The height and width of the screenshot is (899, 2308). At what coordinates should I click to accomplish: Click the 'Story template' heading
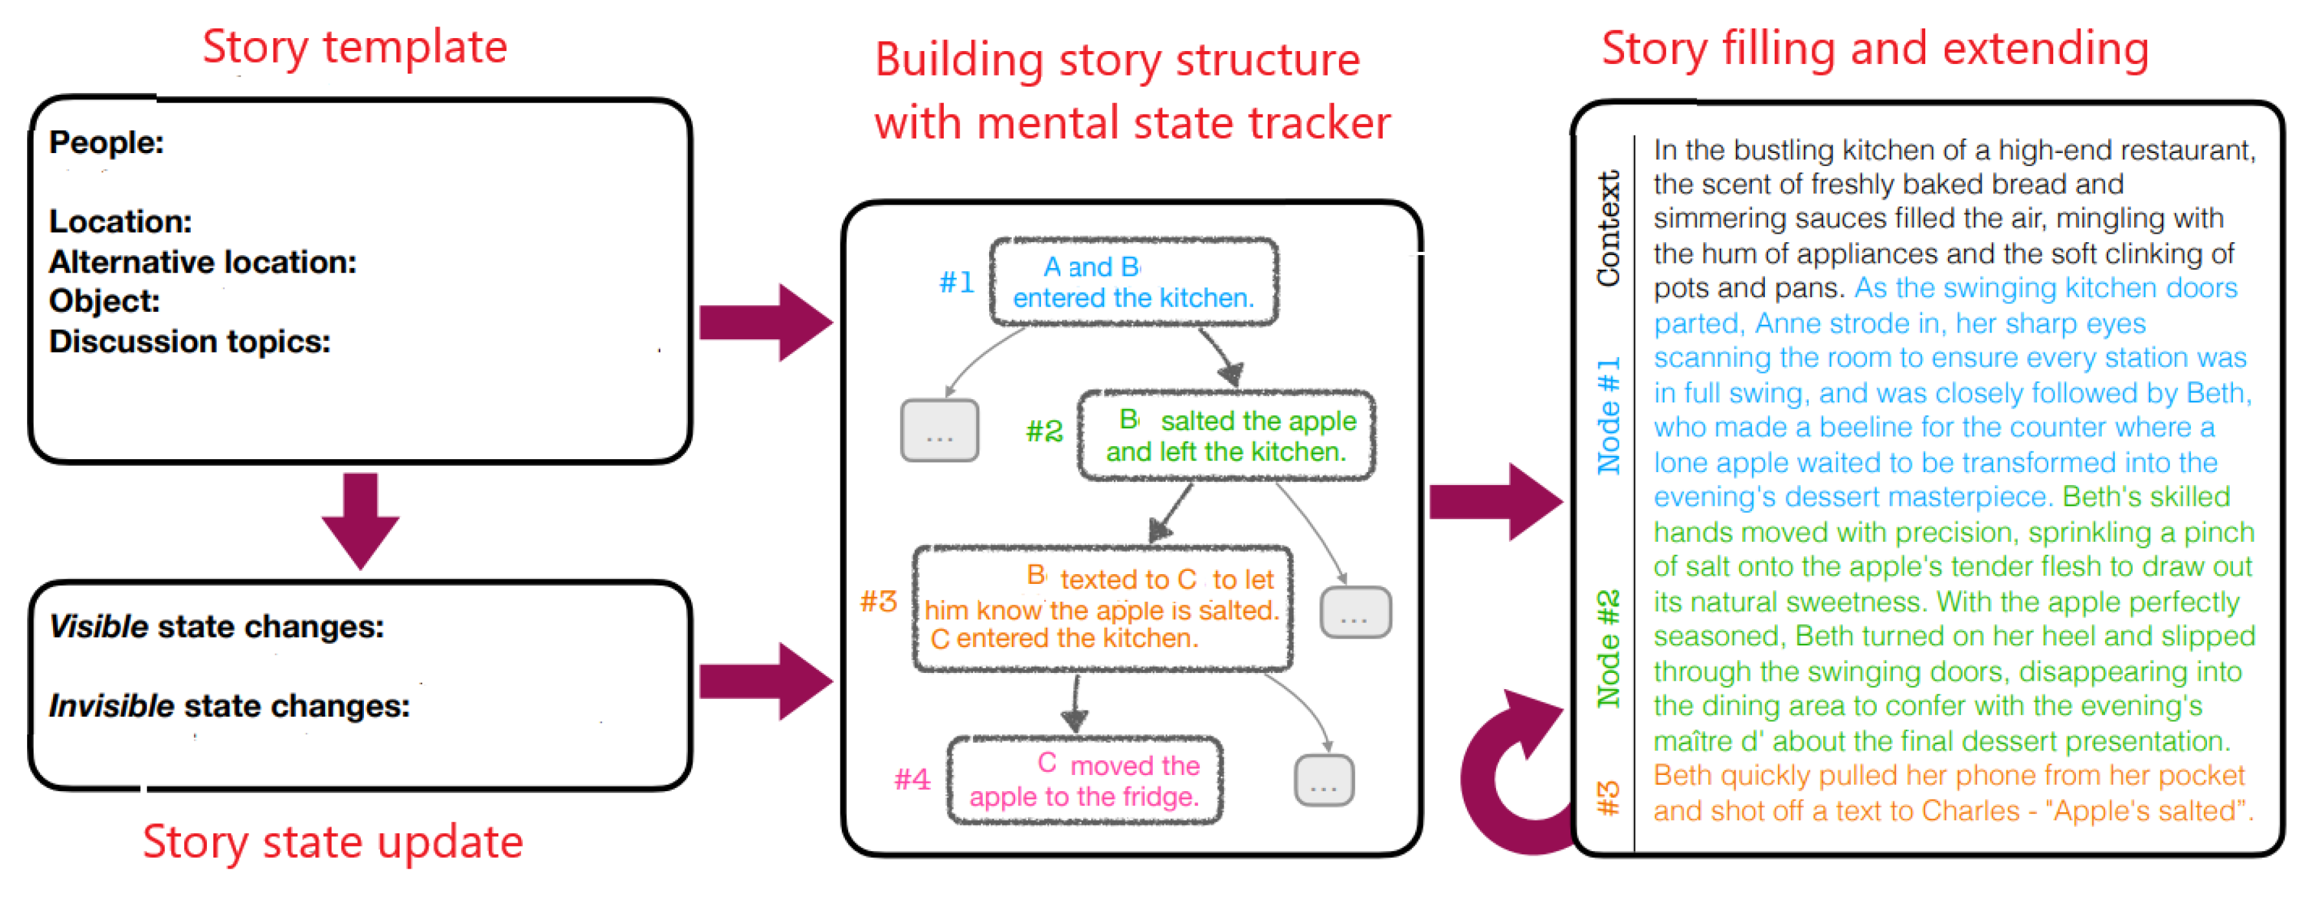[355, 46]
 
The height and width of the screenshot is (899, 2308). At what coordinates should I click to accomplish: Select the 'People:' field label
[107, 142]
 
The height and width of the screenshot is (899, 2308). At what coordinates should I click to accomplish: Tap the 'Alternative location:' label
[202, 262]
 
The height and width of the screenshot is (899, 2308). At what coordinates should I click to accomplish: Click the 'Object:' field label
[105, 302]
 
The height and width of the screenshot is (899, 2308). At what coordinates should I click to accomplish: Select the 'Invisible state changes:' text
[230, 707]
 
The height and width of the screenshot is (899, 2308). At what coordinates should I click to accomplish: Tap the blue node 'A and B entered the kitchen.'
[1133, 282]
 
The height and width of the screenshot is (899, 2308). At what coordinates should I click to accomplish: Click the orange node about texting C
[1102, 609]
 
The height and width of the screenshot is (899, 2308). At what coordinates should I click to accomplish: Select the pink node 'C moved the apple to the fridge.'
[1085, 781]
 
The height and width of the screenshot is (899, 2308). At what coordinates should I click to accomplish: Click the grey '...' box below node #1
[939, 431]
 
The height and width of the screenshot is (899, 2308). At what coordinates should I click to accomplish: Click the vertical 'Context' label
[1609, 229]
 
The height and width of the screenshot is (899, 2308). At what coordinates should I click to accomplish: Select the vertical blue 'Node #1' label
[1609, 417]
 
